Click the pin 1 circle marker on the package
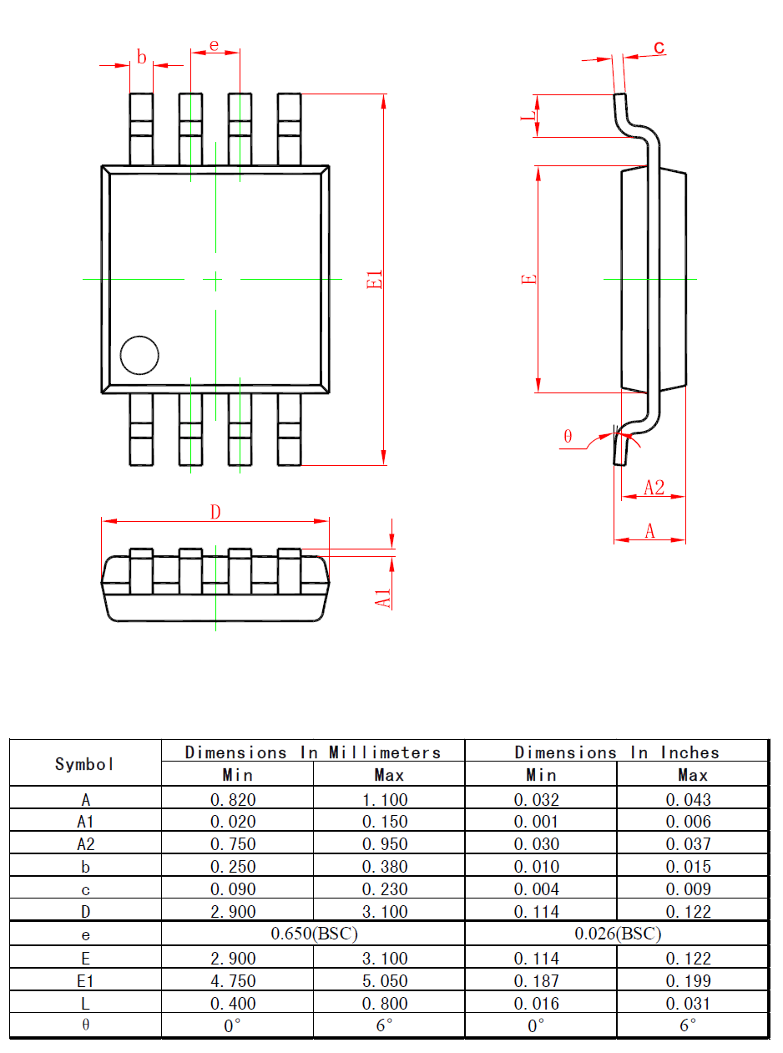139,355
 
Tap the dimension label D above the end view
215,512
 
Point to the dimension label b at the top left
142,58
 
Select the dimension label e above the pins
214,45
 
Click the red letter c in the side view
659,48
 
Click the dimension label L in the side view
527,116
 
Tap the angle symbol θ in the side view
568,436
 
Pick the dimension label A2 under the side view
654,488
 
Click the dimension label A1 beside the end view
383,597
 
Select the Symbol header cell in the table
85,763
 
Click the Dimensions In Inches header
616,752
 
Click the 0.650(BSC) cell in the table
314,933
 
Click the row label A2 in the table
85,844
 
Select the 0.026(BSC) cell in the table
618,933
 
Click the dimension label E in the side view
528,280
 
